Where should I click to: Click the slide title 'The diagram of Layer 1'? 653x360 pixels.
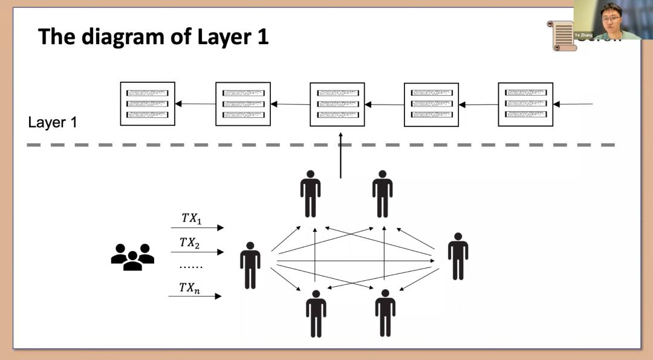pos(153,38)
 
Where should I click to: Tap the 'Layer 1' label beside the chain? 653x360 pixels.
pos(53,122)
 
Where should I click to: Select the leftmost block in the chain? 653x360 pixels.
pos(148,103)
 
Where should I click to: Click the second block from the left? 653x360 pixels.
pos(242,103)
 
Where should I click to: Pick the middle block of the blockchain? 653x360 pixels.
pos(337,104)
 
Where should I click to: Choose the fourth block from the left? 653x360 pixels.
pos(431,104)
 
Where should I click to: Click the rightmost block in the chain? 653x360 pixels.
pos(525,104)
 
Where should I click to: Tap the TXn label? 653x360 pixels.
pos(190,287)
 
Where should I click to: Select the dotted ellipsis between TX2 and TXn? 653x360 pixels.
pos(191,266)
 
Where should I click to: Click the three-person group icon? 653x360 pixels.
pos(132,257)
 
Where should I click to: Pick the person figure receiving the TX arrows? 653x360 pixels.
pos(250,265)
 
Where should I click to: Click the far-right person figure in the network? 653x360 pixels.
pos(458,256)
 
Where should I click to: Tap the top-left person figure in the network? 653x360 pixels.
pos(310,194)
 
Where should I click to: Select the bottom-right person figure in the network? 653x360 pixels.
pos(385,313)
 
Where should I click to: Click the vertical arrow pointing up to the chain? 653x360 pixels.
pos(340,157)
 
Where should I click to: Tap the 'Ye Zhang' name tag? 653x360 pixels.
pos(583,36)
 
